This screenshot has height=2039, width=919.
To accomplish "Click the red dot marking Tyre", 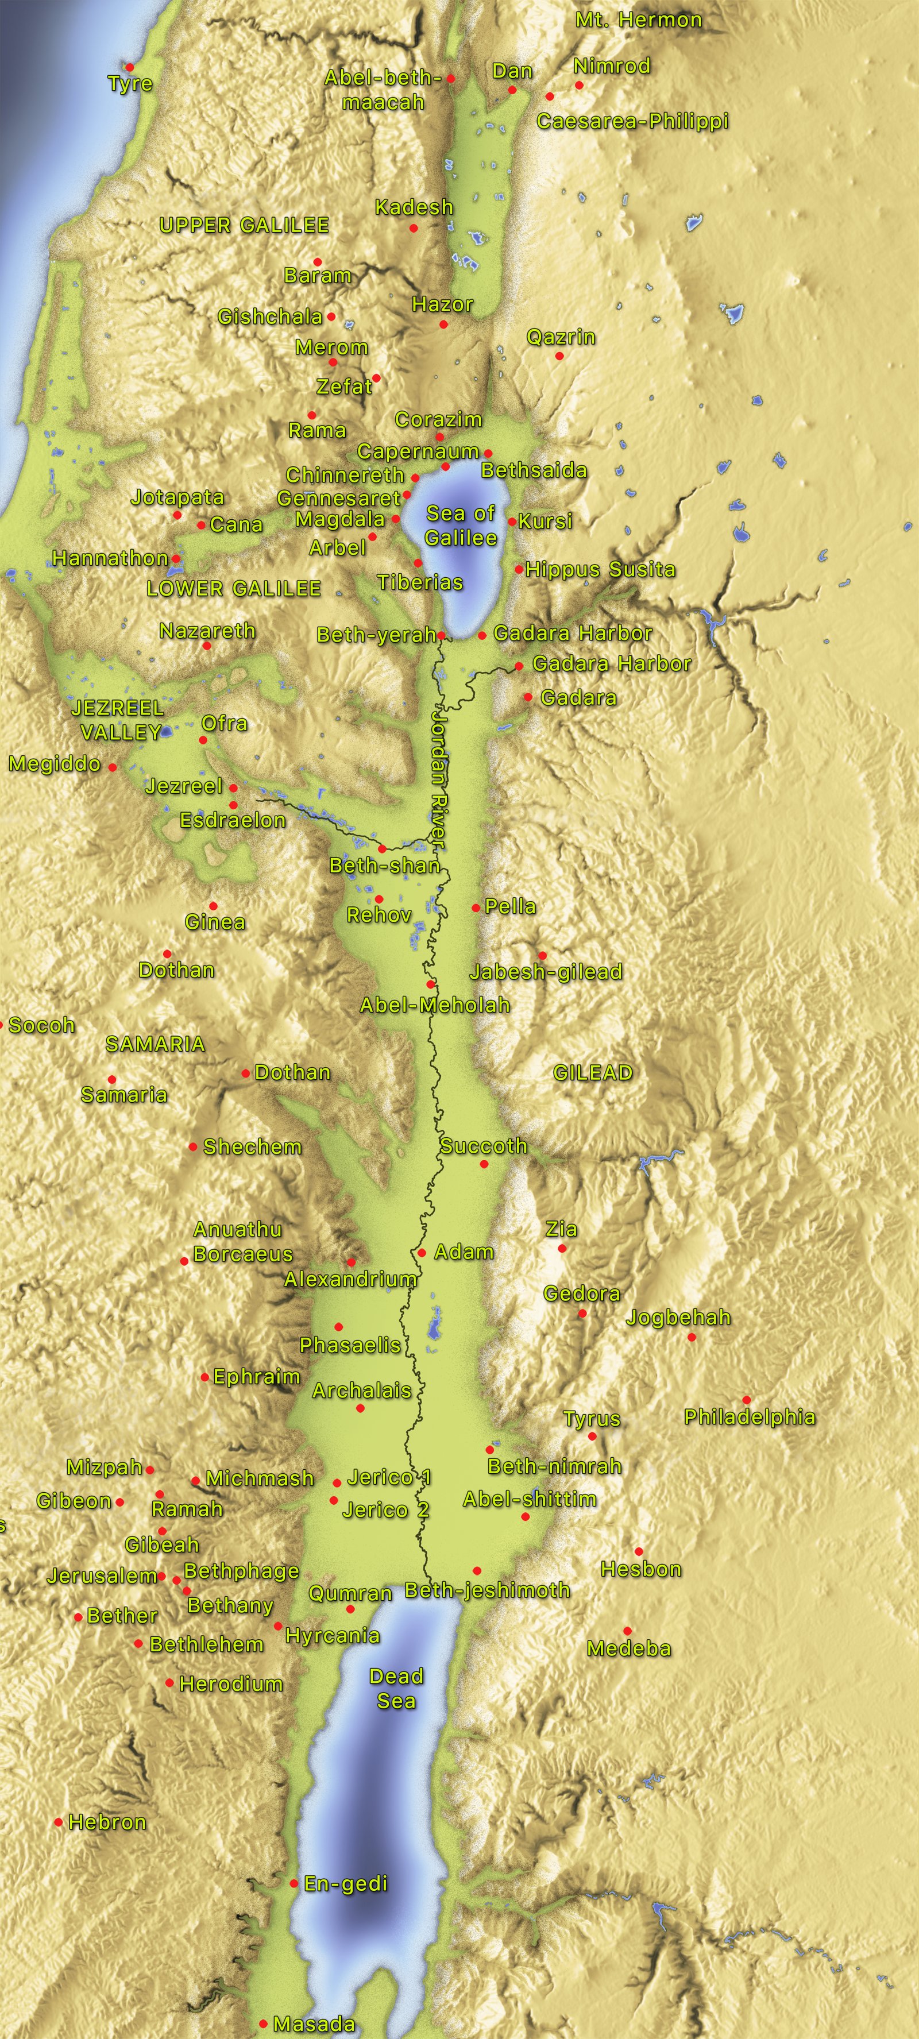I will pyautogui.click(x=130, y=67).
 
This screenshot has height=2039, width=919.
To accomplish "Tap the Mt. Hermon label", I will pyautogui.click(x=638, y=20).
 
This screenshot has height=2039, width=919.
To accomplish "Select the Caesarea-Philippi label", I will pyautogui.click(x=632, y=121).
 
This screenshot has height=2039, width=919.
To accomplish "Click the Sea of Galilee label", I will pyautogui.click(x=461, y=526).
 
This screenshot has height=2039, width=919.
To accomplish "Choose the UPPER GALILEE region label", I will pyautogui.click(x=244, y=226).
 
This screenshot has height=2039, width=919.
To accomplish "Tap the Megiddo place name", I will pyautogui.click(x=55, y=764).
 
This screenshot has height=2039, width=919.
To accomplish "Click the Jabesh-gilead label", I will pyautogui.click(x=546, y=972).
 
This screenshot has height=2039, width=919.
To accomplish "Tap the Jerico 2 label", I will pyautogui.click(x=385, y=1510).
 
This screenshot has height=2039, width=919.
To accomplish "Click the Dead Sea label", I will pyautogui.click(x=396, y=1688).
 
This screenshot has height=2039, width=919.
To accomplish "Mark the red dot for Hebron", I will pyautogui.click(x=59, y=1822).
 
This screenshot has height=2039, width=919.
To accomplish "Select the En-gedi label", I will pyautogui.click(x=346, y=1884).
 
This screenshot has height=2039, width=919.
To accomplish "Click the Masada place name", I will pyautogui.click(x=314, y=2024).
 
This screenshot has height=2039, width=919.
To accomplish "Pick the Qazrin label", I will pyautogui.click(x=561, y=337).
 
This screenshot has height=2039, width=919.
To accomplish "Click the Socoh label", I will pyautogui.click(x=41, y=1026).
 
